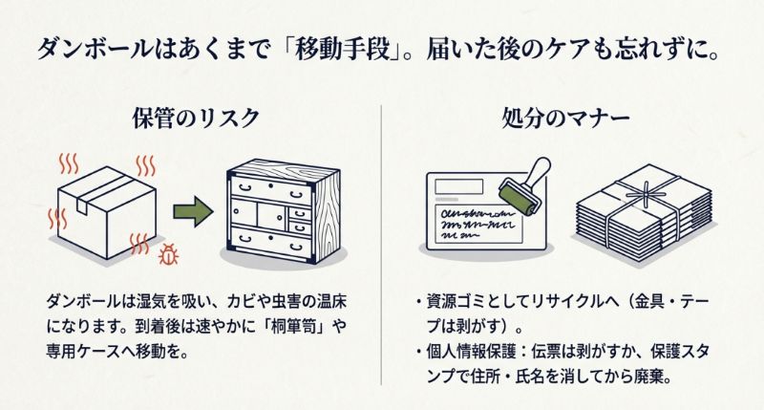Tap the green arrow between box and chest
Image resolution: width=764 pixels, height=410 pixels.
[192, 211]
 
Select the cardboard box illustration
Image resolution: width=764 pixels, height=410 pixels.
[106, 205]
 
